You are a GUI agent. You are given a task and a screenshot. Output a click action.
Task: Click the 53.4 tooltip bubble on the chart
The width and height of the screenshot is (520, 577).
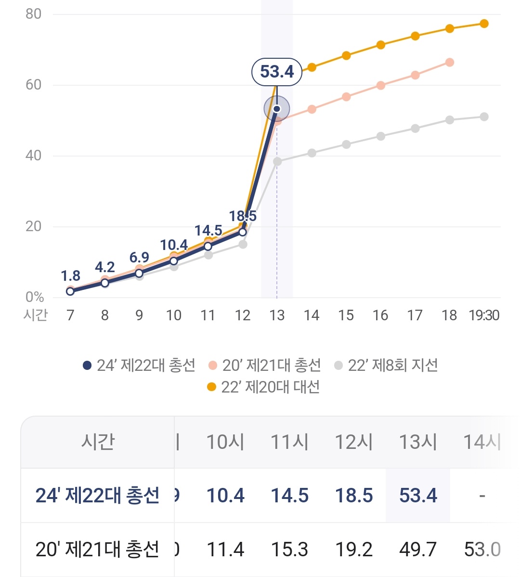[x=277, y=72]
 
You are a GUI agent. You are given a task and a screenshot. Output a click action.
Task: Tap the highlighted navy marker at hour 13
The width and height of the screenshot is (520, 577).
[x=277, y=109]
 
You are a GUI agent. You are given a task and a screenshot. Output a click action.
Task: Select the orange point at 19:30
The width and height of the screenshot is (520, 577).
[x=484, y=24]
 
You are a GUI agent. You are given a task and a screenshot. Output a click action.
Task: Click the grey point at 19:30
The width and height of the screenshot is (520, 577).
[x=484, y=117]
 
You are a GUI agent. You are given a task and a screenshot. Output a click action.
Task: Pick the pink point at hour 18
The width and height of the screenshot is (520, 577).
[x=450, y=62]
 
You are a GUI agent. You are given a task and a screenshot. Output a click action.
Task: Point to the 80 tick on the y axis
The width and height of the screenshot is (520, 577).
[x=34, y=14]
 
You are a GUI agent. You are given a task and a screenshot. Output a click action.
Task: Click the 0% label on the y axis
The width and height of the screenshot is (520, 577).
[x=35, y=297]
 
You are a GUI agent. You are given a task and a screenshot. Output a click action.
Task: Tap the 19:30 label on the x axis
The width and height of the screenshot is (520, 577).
[x=484, y=315]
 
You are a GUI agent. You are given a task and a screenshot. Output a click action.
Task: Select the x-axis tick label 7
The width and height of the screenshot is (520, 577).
[x=70, y=315]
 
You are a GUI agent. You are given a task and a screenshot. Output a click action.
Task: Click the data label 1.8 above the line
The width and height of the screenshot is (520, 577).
[x=70, y=276]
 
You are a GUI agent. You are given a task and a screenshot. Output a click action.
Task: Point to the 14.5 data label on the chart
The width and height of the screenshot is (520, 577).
[x=208, y=231]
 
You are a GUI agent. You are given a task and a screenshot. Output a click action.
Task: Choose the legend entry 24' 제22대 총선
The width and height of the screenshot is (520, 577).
[x=139, y=366]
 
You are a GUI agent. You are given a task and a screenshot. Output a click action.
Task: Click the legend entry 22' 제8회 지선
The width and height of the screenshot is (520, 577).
[x=386, y=366]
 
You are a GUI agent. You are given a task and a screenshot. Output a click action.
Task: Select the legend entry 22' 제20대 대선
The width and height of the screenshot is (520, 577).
[x=263, y=387]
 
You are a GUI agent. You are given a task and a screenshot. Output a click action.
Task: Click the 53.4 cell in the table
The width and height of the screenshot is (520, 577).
[x=418, y=496]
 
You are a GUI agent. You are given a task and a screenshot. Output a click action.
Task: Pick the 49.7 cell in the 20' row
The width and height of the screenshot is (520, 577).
[x=418, y=550]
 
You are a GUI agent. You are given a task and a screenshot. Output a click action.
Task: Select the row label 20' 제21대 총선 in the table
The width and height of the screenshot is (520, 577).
[x=98, y=550]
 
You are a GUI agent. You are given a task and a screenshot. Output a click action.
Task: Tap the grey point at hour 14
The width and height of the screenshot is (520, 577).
[x=312, y=153]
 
